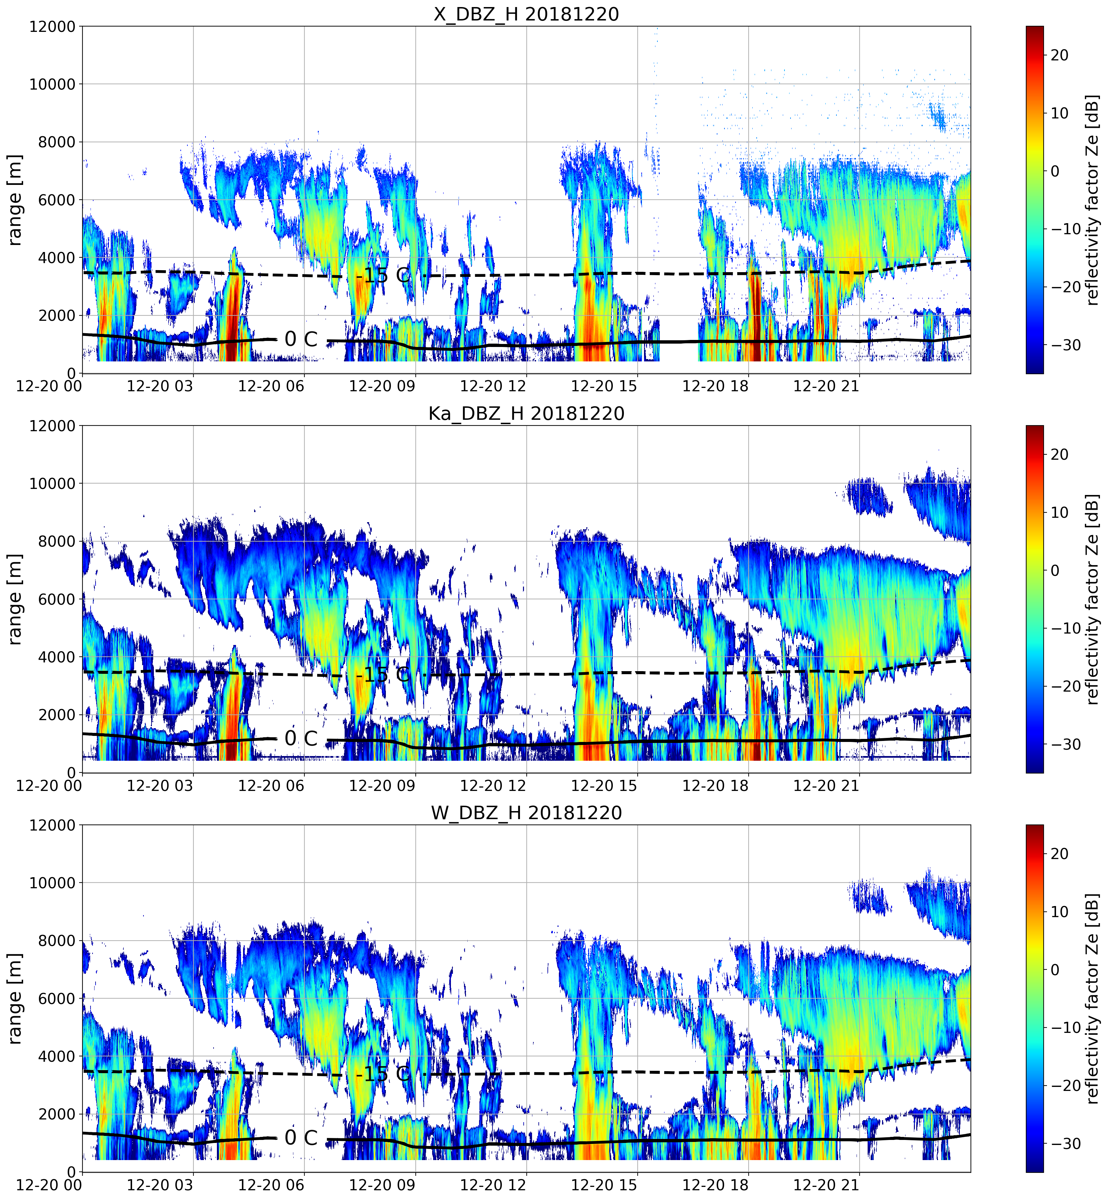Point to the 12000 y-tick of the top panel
click(52, 27)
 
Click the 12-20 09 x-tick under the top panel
click(382, 386)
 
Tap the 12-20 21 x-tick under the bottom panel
click(826, 1185)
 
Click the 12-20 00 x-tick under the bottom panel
click(49, 1185)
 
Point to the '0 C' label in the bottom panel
click(301, 1138)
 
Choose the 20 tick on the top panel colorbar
click(1059, 55)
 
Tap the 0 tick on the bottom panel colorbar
click(1055, 969)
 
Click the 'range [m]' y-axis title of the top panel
click(15, 200)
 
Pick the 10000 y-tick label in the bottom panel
click(52, 883)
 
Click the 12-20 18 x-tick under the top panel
click(715, 386)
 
